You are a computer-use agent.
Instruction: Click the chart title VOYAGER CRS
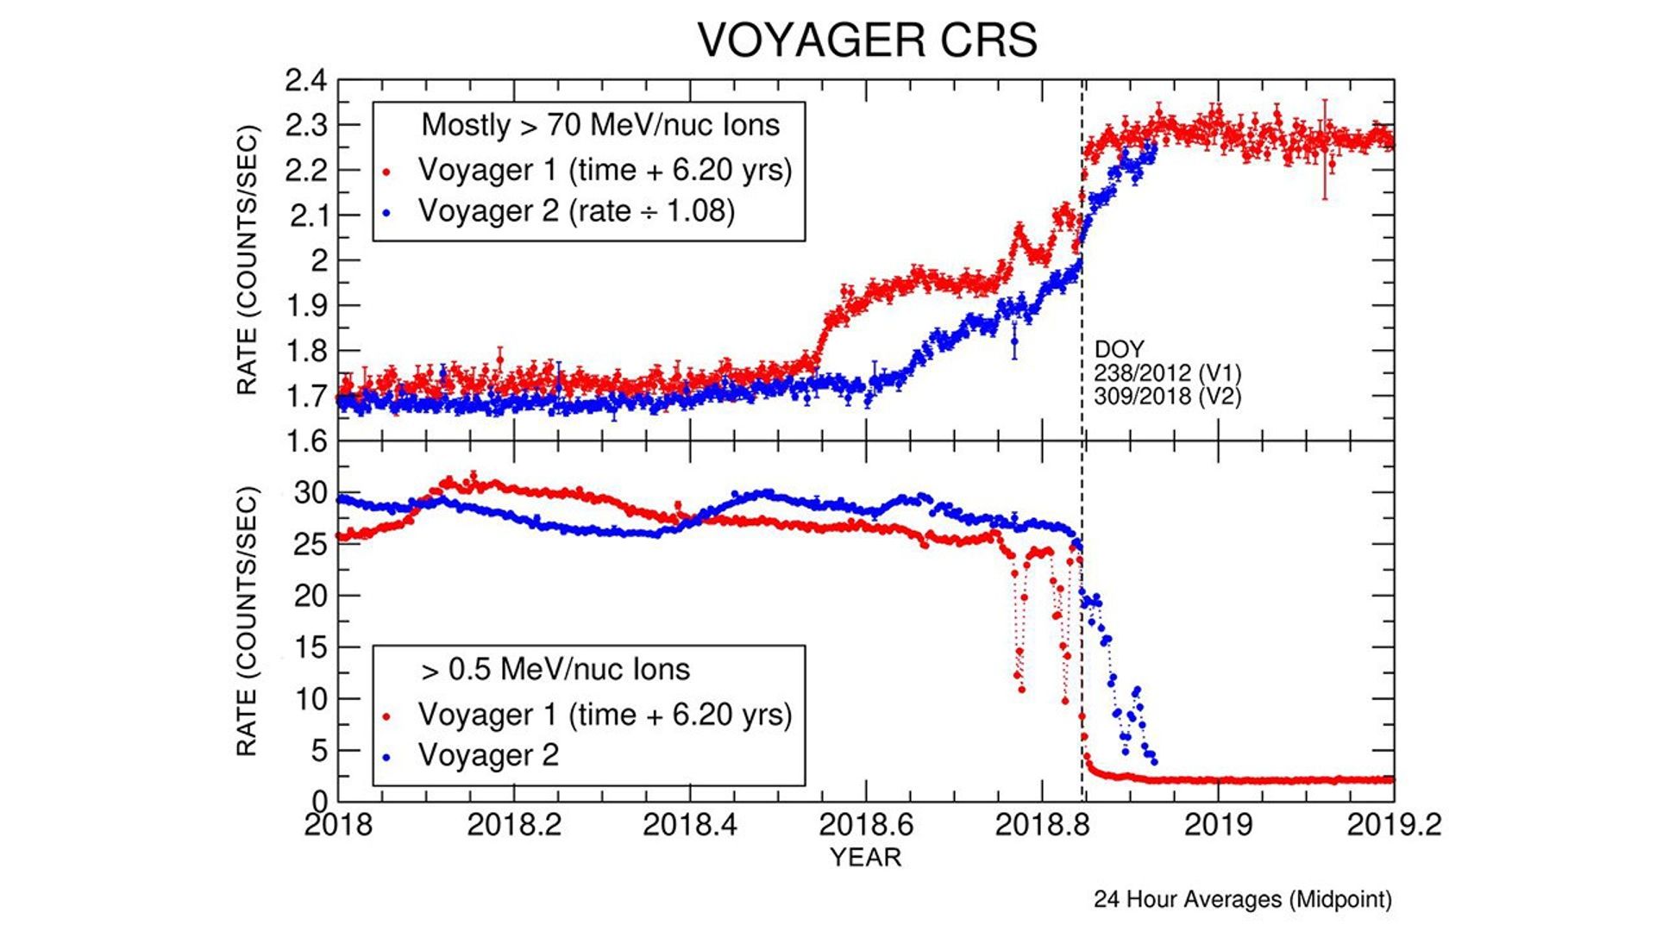tap(867, 41)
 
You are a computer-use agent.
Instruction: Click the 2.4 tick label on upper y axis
tap(306, 81)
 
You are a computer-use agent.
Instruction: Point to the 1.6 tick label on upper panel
tap(306, 441)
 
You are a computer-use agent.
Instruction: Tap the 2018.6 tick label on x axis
tap(865, 824)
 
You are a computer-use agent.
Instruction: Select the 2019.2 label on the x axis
tap(1393, 824)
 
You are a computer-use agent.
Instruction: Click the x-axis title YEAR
tap(865, 857)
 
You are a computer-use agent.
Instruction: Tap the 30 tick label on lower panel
tap(310, 493)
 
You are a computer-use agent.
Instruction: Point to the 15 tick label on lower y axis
tap(310, 647)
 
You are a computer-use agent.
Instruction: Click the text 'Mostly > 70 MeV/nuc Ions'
tap(600, 125)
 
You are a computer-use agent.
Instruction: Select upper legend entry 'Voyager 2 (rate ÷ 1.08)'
tap(576, 210)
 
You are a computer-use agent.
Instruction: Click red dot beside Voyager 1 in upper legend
tap(387, 172)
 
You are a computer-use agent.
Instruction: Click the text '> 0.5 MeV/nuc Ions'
tap(555, 670)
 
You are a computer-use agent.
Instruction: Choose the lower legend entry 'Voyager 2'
tap(488, 755)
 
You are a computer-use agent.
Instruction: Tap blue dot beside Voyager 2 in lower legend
tap(387, 757)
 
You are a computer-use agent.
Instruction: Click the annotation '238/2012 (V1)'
tap(1167, 373)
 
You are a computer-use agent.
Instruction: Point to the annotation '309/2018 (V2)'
tap(1167, 397)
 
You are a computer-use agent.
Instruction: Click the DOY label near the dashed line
tap(1119, 349)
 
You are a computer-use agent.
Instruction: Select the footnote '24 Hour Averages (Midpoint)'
tap(1242, 899)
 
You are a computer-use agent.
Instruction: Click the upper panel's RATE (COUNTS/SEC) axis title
tap(248, 260)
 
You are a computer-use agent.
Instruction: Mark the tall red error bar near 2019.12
tap(1325, 149)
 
